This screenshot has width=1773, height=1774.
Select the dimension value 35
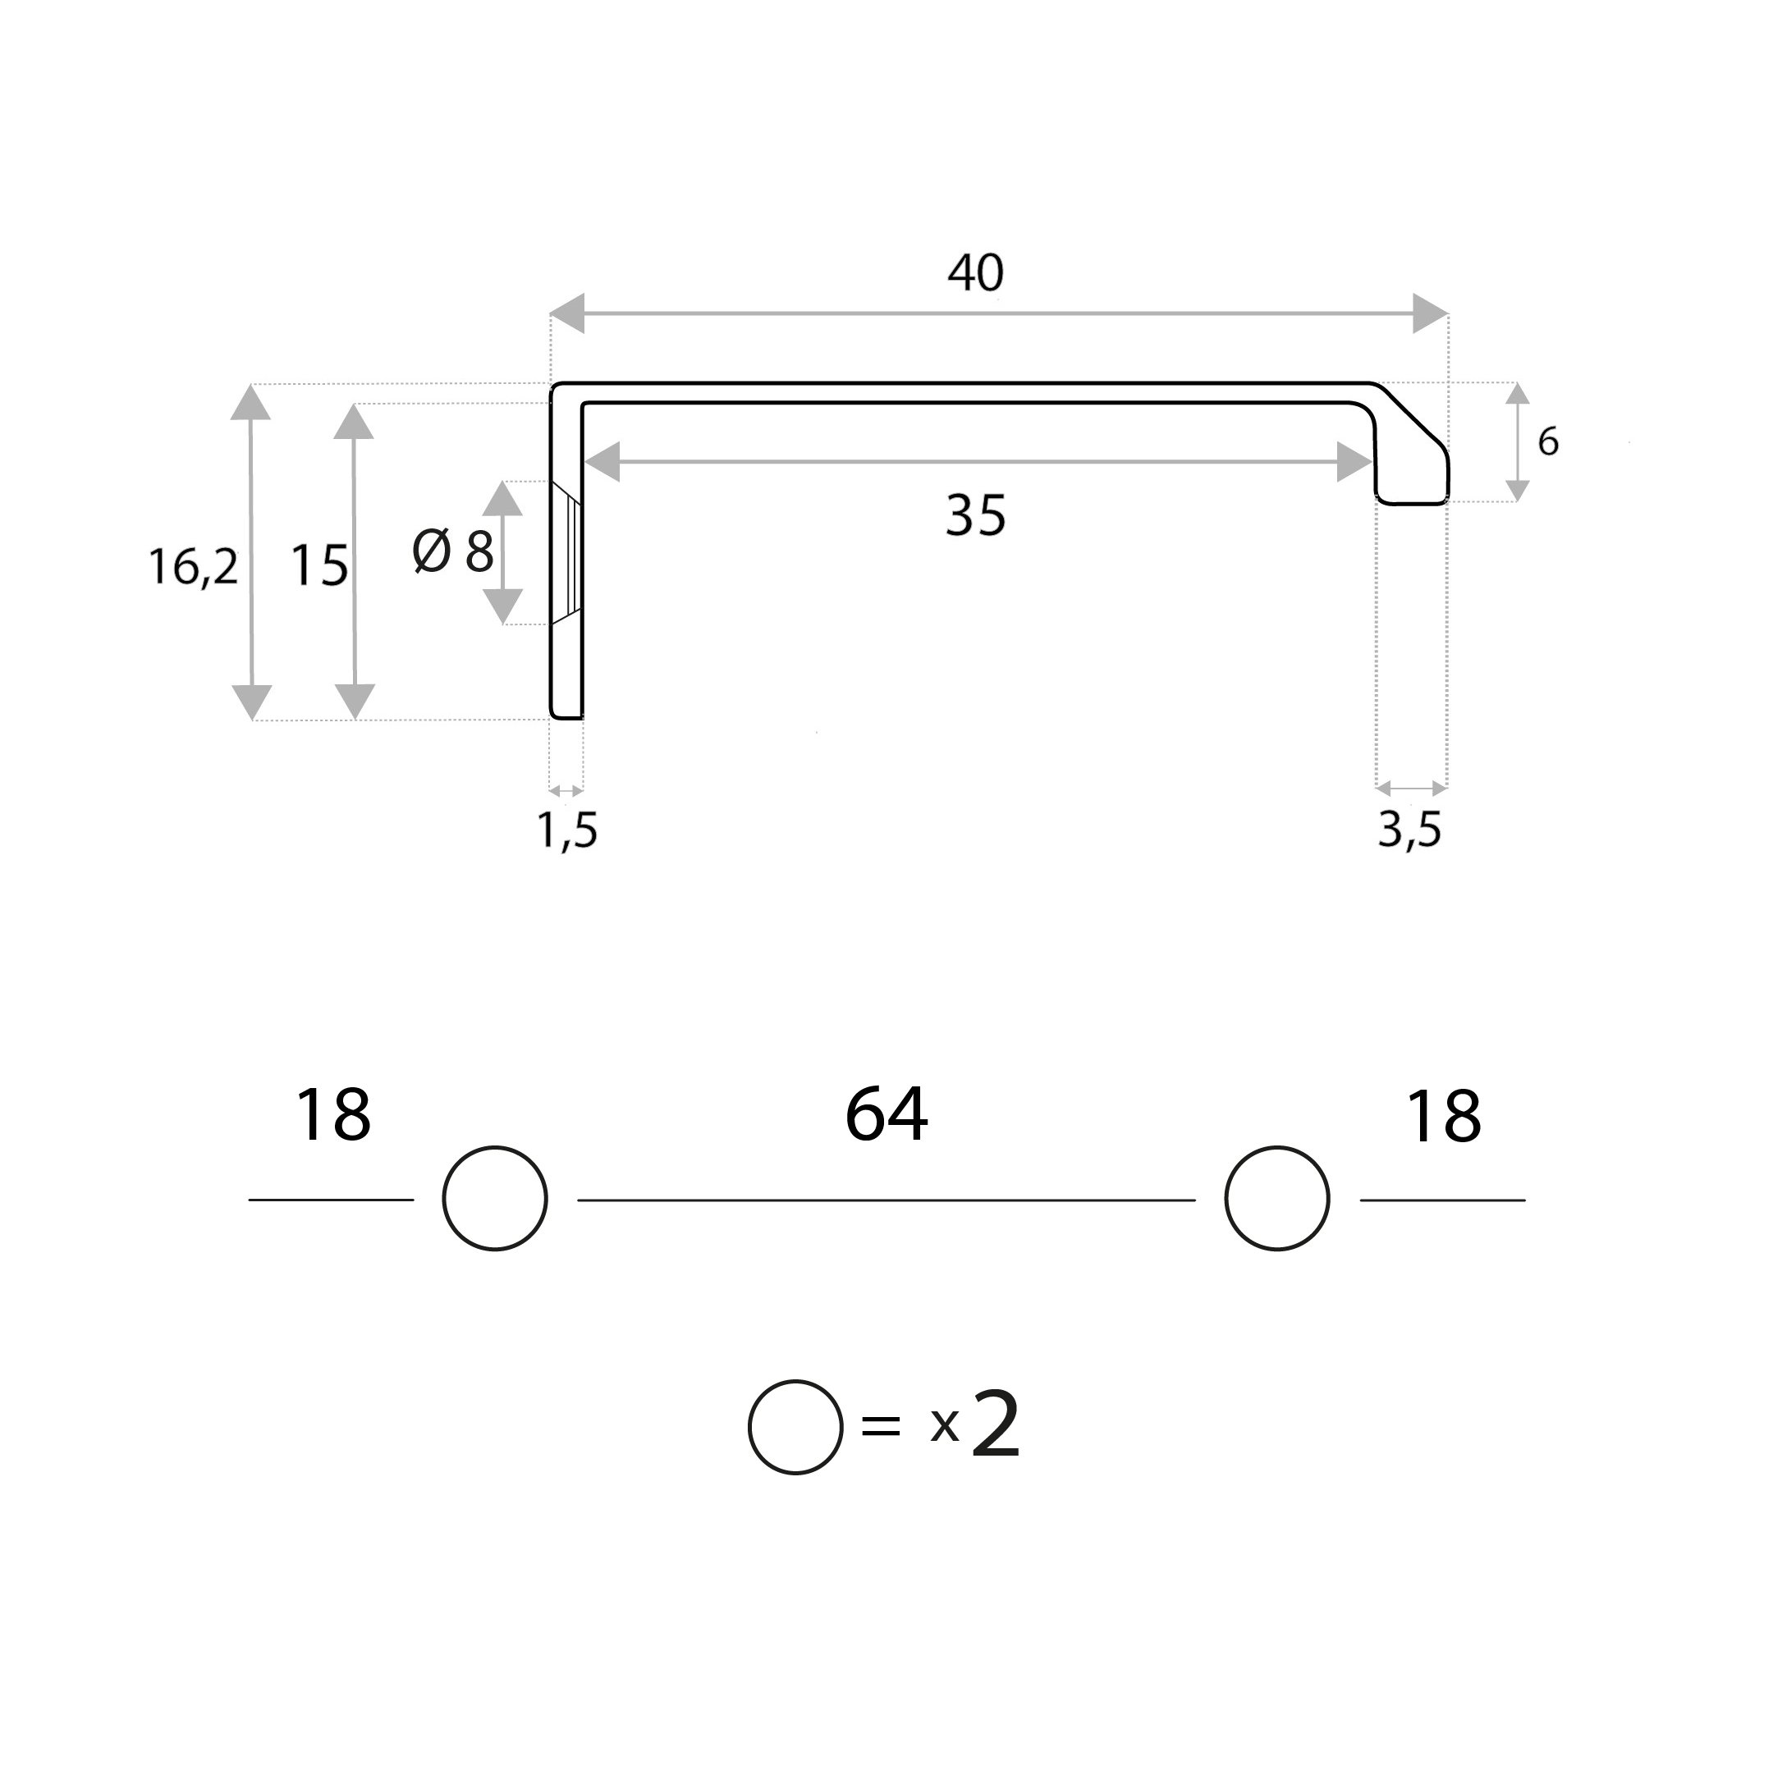pos(976,515)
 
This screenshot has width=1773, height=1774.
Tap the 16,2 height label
pos(193,566)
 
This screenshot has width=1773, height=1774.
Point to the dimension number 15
pos(318,565)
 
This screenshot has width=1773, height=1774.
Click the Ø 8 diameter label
pos(453,552)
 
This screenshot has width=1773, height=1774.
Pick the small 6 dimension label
pos(1548,442)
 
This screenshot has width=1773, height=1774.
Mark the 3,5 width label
pos(1410,831)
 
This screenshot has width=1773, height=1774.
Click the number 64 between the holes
pos(886,1115)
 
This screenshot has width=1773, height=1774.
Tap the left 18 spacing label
pos(332,1116)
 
